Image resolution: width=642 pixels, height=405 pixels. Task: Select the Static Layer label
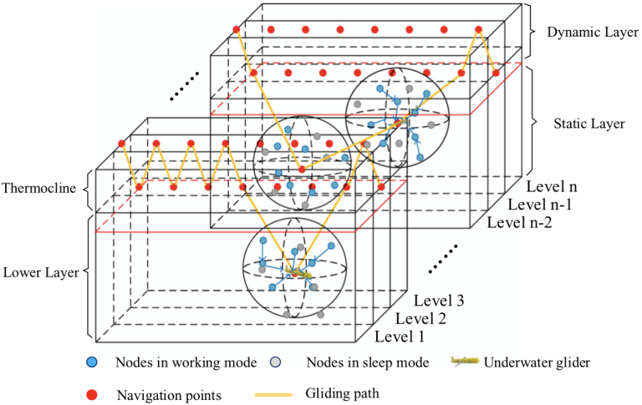click(x=589, y=123)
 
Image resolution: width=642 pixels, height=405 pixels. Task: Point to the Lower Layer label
click(x=41, y=272)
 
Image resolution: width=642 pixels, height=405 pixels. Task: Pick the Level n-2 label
click(x=522, y=222)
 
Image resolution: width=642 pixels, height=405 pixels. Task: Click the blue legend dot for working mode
click(x=91, y=362)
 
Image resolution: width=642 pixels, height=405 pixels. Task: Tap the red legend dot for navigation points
click(x=91, y=395)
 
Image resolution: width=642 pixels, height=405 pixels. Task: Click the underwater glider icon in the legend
click(x=464, y=361)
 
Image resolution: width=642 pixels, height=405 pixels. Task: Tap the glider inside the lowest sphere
click(x=297, y=273)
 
